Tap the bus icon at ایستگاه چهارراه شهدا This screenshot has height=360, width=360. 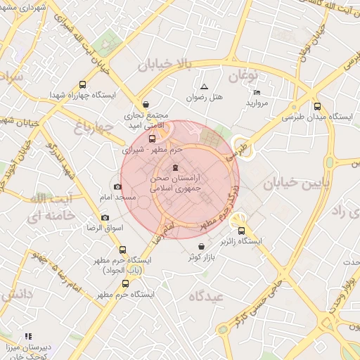pyautogui.click(x=84, y=84)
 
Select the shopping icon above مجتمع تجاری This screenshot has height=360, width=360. pyautogui.click(x=145, y=103)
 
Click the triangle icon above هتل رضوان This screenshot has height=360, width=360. pyautogui.click(x=204, y=86)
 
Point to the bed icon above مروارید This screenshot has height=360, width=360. pyautogui.click(x=256, y=92)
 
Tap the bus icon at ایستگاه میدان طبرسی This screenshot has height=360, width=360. pyautogui.click(x=317, y=107)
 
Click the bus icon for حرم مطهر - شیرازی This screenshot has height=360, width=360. pyautogui.click(x=152, y=138)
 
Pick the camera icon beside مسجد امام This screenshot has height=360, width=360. pyautogui.click(x=117, y=186)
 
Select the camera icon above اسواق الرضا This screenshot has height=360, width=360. pyautogui.click(x=105, y=217)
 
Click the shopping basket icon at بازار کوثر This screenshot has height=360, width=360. pyautogui.click(x=203, y=247)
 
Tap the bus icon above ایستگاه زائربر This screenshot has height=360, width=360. pyautogui.click(x=242, y=230)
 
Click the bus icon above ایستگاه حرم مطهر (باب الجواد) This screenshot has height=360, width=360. pyautogui.click(x=123, y=250)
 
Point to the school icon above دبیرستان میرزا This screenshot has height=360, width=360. pyautogui.click(x=28, y=337)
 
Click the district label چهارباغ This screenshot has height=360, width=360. pyautogui.click(x=93, y=127)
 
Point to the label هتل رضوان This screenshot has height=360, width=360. pyautogui.click(x=205, y=97)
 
